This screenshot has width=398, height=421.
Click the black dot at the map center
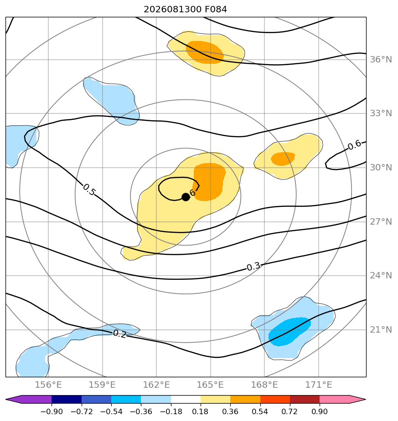point(186,197)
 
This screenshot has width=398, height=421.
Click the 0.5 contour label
point(89,190)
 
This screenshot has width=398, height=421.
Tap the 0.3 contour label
point(253,267)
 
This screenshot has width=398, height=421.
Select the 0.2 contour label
point(119,334)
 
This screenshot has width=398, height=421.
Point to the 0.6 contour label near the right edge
point(355,145)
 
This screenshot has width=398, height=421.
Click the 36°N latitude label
point(381,59)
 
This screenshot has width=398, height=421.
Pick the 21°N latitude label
point(381,329)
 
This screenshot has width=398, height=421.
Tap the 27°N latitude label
point(381,221)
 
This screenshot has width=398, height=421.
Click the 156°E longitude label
point(48,385)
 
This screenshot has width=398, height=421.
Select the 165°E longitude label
point(211,385)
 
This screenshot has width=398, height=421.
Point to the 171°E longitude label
point(319,385)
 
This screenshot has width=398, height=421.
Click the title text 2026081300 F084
point(186,10)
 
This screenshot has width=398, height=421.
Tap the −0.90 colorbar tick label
point(52,411)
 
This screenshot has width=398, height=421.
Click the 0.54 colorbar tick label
point(260,411)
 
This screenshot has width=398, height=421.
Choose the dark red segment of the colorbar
point(305,399)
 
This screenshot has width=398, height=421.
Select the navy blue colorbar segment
point(67,399)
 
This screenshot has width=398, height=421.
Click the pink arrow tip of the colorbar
point(365,399)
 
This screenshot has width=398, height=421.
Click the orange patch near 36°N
point(205,52)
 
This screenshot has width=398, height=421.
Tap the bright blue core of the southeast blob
point(289,332)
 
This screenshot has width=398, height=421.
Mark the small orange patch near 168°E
point(283,159)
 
